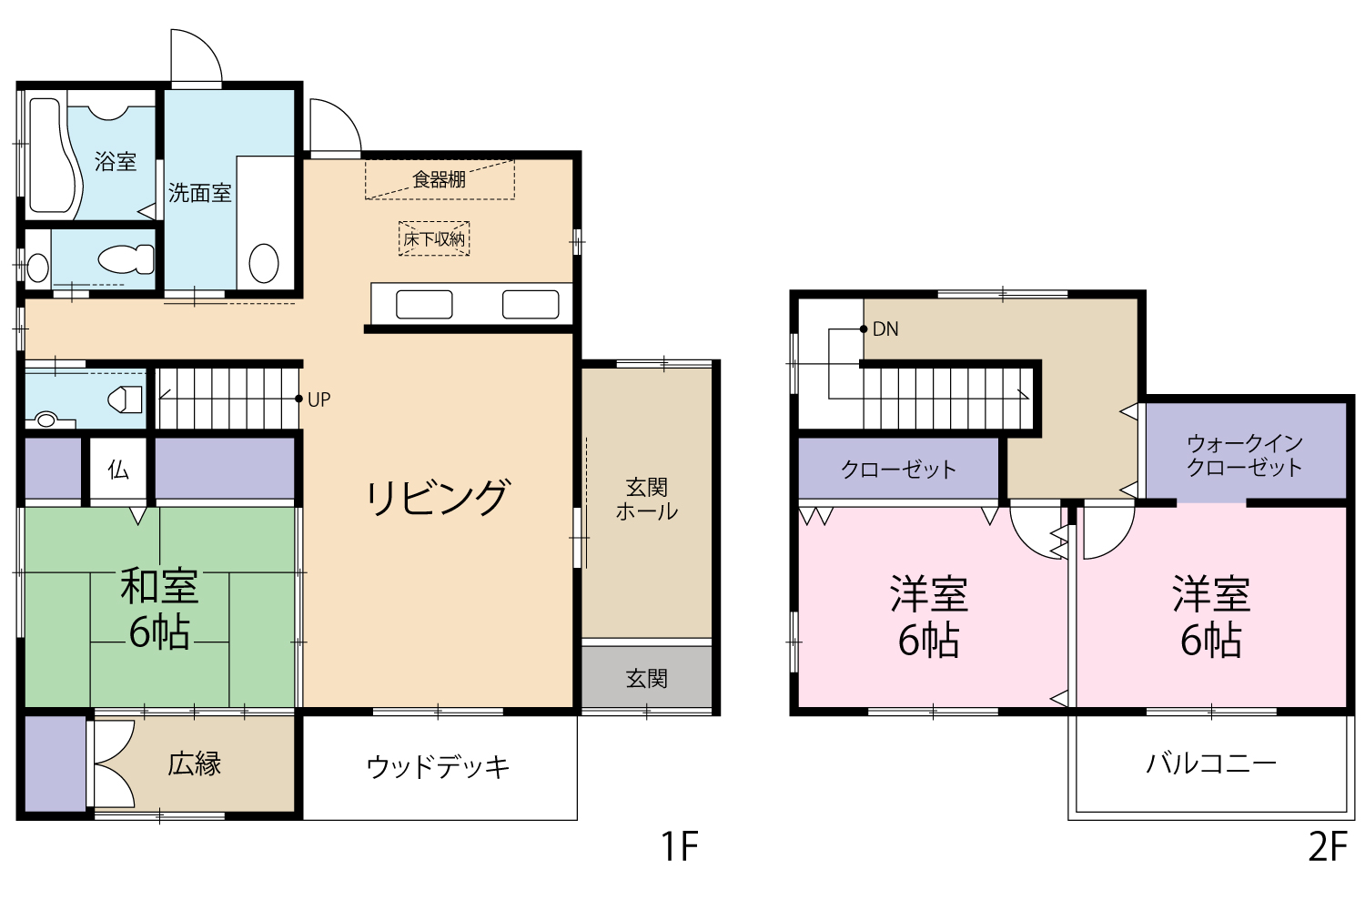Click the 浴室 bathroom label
coord(116,161)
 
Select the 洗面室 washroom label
coord(200,193)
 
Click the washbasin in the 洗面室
coord(264,263)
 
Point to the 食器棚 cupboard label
coord(439,180)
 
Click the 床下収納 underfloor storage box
coord(434,238)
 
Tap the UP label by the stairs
coord(319,399)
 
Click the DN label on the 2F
coord(885,329)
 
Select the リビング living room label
coord(436,497)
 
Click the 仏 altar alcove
coord(118,470)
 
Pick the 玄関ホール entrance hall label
coord(646,500)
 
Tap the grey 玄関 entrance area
coord(646,676)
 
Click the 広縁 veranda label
coord(195,764)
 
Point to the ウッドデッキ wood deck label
coord(438,767)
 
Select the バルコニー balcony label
coord(1211,763)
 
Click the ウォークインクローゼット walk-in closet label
coord(1245,455)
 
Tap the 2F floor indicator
coord(1328,846)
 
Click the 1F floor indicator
coord(680,846)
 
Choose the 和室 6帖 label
coord(159,609)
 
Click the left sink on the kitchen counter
coord(424,304)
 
